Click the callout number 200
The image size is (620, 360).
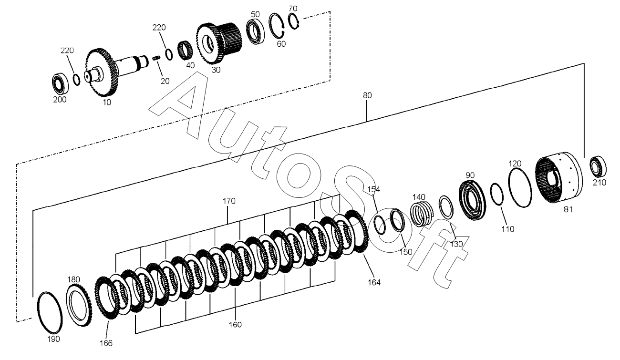click(x=60, y=100)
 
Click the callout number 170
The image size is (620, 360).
click(x=229, y=201)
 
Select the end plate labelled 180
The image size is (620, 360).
click(x=79, y=305)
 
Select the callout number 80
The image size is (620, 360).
click(x=367, y=95)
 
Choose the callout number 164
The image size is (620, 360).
click(x=374, y=282)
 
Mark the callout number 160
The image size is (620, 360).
click(x=235, y=325)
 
